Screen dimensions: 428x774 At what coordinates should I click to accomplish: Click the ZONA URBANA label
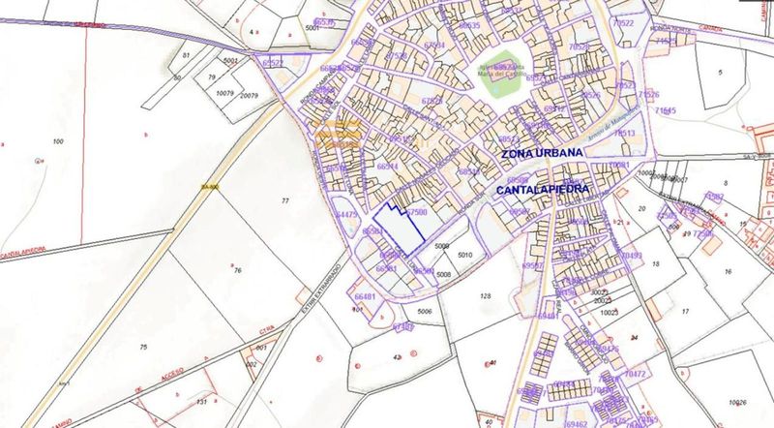click(x=541, y=154)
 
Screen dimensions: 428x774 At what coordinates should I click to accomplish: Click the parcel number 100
click(x=58, y=142)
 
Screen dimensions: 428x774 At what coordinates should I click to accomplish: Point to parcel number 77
click(x=284, y=199)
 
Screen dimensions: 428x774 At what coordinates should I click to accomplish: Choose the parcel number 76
click(x=236, y=271)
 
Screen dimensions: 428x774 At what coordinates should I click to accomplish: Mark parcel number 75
click(x=142, y=347)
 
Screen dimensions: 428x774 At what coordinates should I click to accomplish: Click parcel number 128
click(x=486, y=295)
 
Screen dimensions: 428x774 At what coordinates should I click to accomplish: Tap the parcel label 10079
click(x=224, y=94)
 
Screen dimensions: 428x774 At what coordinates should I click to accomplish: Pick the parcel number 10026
click(x=739, y=402)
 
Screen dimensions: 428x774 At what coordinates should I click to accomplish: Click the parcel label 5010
click(x=465, y=255)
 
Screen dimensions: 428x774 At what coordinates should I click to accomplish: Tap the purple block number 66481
click(x=366, y=297)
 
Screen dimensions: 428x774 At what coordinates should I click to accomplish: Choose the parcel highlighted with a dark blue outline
click(x=398, y=229)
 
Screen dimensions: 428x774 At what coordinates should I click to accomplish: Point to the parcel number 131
click(x=200, y=401)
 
